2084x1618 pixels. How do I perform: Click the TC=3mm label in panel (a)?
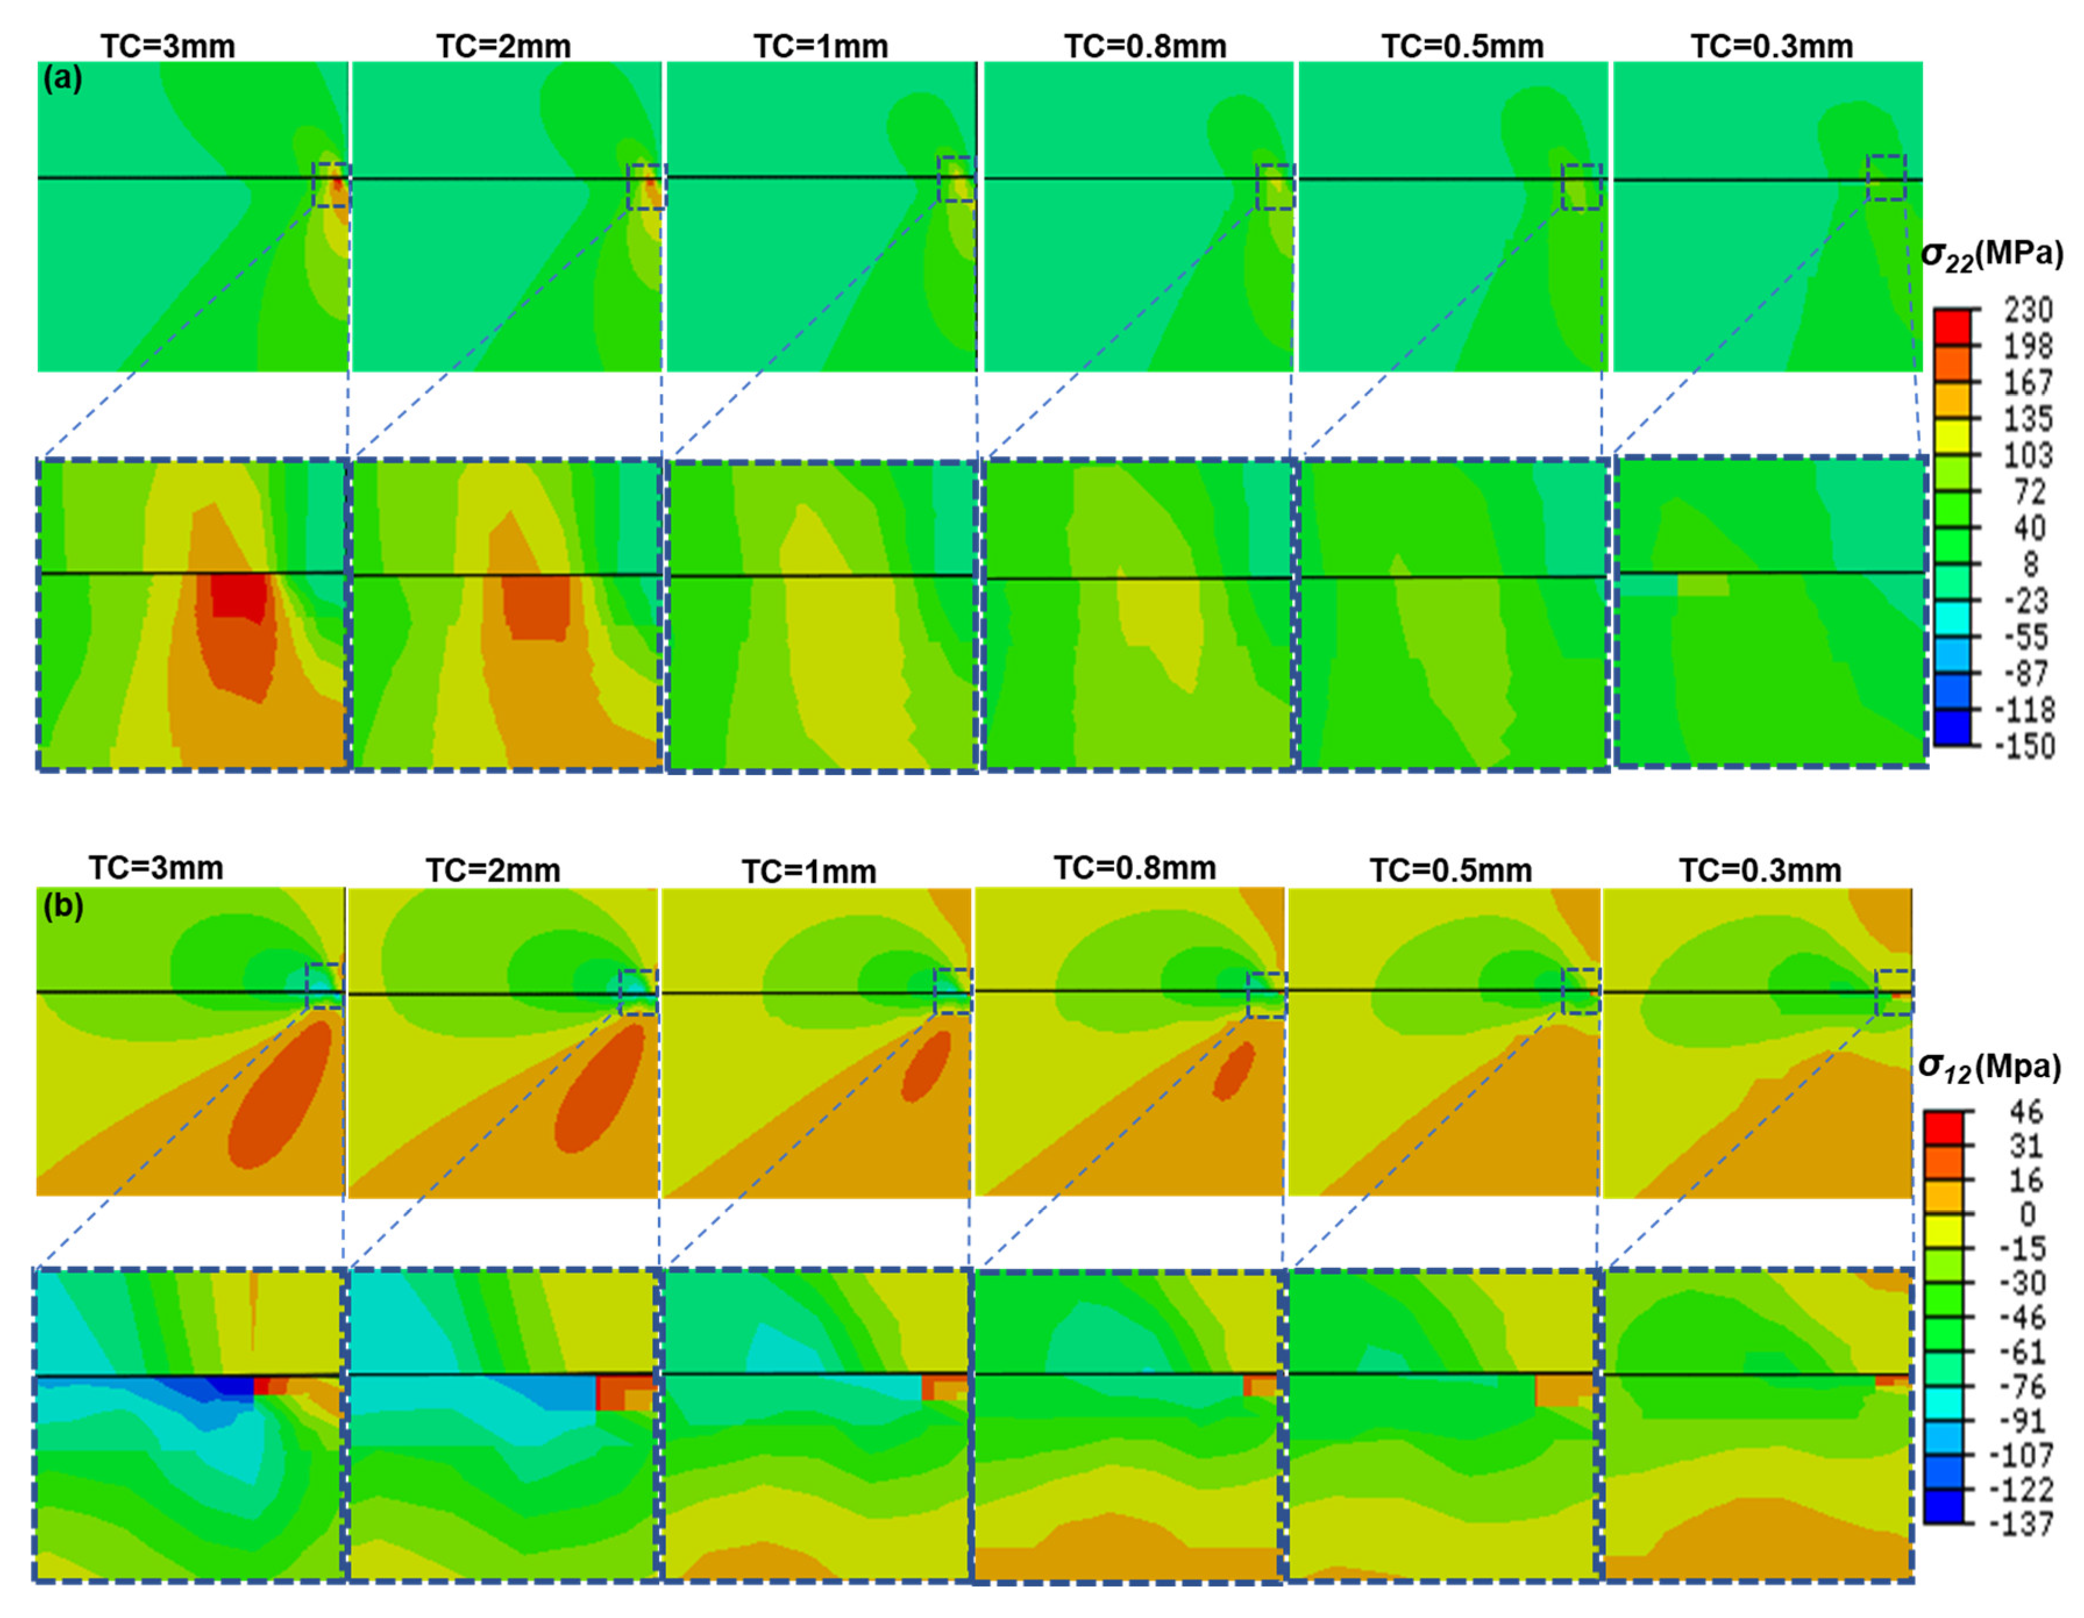168,46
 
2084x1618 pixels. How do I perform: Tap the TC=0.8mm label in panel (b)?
1135,868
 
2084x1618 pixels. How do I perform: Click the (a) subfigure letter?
63,79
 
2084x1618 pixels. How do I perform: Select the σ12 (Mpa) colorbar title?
1990,1067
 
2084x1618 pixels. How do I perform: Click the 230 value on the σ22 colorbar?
2027,310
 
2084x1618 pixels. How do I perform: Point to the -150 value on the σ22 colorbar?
2024,745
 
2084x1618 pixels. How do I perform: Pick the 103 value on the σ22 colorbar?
2027,455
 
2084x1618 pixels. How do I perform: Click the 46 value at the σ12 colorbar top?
2025,1111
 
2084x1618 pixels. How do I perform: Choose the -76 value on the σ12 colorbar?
2022,1386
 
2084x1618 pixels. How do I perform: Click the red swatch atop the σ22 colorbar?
1953,327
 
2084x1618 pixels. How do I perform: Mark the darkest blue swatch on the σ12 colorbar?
1943,1507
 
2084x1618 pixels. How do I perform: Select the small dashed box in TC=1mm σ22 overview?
956,179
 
